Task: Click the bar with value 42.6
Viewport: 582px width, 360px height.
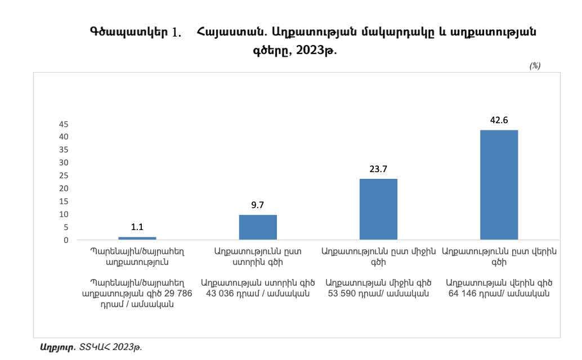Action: click(499, 184)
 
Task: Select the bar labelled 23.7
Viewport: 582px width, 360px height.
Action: click(378, 209)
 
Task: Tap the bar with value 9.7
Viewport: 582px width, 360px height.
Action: click(258, 227)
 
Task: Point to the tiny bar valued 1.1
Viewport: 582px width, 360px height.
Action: click(137, 238)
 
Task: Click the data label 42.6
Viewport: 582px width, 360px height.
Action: click(499, 120)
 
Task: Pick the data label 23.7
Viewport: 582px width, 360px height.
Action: click(378, 168)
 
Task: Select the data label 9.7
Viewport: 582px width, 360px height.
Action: click(258, 205)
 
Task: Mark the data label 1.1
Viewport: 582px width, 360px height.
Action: click(137, 227)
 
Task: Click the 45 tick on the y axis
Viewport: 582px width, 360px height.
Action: click(64, 124)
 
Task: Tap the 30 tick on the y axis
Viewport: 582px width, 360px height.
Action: click(64, 163)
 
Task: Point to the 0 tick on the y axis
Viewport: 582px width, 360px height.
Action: click(66, 240)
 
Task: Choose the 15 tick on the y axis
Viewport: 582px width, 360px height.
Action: click(64, 201)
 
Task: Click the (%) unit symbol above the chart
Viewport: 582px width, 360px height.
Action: click(534, 66)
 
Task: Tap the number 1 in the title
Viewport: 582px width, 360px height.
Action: click(176, 33)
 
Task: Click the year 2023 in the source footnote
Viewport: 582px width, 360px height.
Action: click(126, 348)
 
